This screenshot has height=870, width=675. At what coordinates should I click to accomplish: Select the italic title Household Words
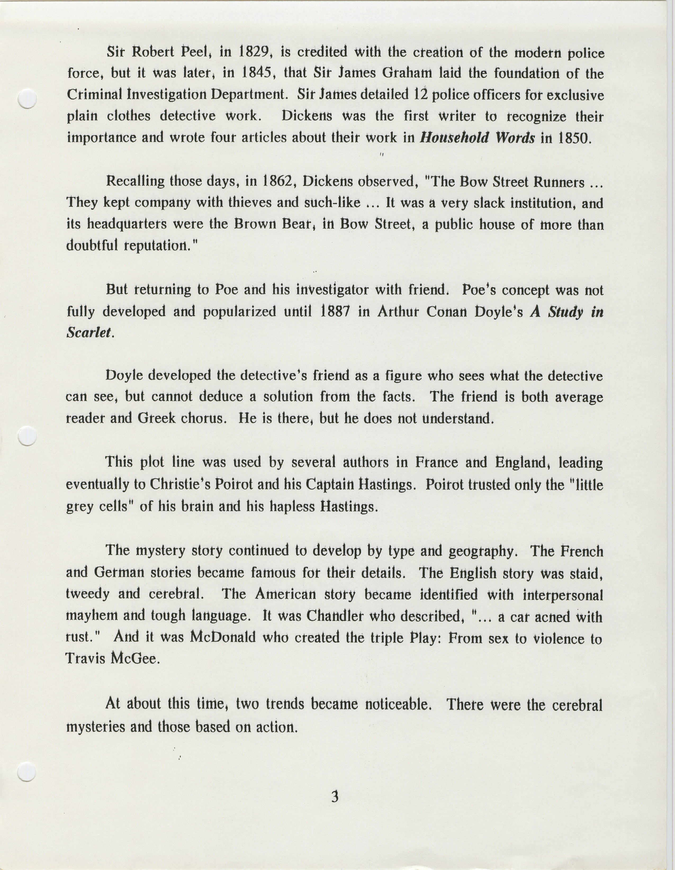[x=477, y=138]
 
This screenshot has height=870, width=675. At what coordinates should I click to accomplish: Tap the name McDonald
[x=222, y=637]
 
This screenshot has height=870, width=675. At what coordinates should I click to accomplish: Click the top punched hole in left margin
[x=28, y=98]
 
